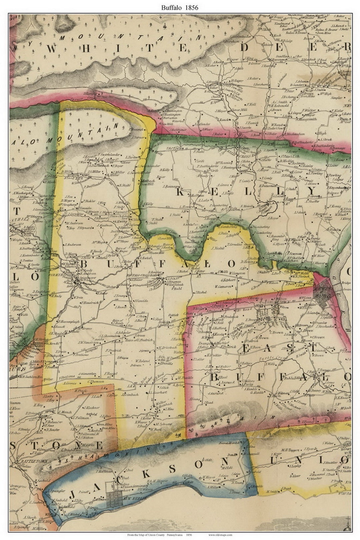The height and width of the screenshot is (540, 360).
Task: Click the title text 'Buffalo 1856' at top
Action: pyautogui.click(x=180, y=7)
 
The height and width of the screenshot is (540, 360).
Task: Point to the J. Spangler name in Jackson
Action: pyautogui.click(x=58, y=491)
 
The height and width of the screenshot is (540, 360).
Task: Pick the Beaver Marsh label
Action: pyautogui.click(x=229, y=443)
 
